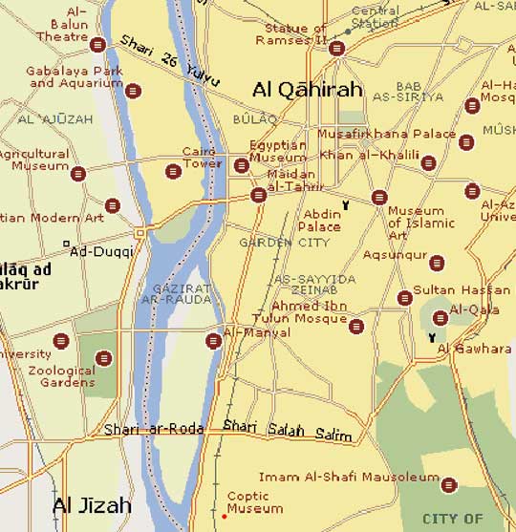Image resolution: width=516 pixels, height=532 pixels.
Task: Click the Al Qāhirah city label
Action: pyautogui.click(x=308, y=90)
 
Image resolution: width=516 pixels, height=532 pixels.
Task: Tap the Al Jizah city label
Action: pyautogui.click(x=90, y=504)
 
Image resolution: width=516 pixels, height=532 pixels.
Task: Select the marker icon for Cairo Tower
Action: pyautogui.click(x=173, y=172)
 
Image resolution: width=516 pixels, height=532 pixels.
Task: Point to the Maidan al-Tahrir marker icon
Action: pyautogui.click(x=258, y=195)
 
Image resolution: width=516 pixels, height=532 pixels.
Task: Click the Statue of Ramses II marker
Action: pyautogui.click(x=335, y=48)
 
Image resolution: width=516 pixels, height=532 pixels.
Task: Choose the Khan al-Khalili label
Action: pyautogui.click(x=370, y=155)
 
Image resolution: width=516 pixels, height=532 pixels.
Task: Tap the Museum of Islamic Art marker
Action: pyautogui.click(x=379, y=198)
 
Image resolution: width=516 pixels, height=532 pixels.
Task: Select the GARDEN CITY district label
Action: pyautogui.click(x=271, y=243)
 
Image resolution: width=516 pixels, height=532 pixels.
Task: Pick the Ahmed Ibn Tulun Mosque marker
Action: pyautogui.click(x=356, y=327)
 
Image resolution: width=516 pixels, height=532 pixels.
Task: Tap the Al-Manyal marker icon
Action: pyautogui.click(x=213, y=340)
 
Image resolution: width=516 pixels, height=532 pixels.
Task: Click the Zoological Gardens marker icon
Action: pyautogui.click(x=103, y=358)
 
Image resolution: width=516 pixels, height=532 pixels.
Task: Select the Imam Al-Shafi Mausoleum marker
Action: pyautogui.click(x=449, y=484)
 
